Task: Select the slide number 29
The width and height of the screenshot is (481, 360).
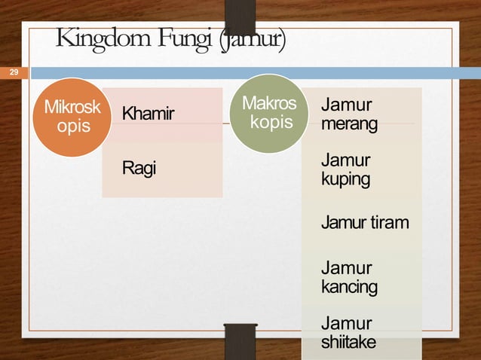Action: click(13, 72)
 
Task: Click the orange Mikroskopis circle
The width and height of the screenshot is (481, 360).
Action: click(66, 117)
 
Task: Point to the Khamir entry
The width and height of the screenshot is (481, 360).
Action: click(148, 114)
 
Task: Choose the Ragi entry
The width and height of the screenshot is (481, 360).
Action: click(139, 168)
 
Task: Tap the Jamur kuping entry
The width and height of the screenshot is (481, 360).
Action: click(345, 169)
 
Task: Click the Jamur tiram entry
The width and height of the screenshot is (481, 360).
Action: click(365, 223)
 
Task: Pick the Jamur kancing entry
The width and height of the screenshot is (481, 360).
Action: click(349, 277)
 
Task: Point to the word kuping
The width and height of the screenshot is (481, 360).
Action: click(345, 180)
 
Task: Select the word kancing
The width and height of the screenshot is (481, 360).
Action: click(349, 287)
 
